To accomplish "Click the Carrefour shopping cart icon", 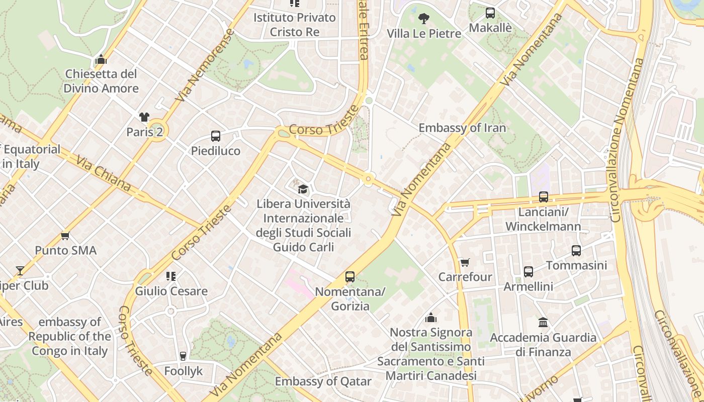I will pos(465,263).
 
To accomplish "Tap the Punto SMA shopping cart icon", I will pos(65,236).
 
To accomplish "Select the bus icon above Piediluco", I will pos(216,136).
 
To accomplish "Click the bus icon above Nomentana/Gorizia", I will pos(350,277).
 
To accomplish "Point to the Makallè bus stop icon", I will pos(490,13).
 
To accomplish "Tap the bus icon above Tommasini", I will pos(576,250).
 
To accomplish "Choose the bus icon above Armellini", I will pos(529,272).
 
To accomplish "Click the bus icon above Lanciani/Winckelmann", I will pos(544,197).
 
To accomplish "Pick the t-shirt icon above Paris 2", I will pos(144,117).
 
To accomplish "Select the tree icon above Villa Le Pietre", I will pos(424,19).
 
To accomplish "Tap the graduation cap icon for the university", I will pos(303,189).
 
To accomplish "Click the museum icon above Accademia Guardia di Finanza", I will pos(543,322).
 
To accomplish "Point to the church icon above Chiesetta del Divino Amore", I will pos(101,60).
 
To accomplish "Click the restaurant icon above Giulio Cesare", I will pos(171,276).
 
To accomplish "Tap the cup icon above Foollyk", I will pos(183,356).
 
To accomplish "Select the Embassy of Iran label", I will pos(462,128).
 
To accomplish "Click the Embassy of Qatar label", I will pos(323,381).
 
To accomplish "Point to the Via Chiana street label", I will pos(104,174).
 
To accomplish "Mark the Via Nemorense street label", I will pos(205,65).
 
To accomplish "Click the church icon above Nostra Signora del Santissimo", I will pos(431,318).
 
